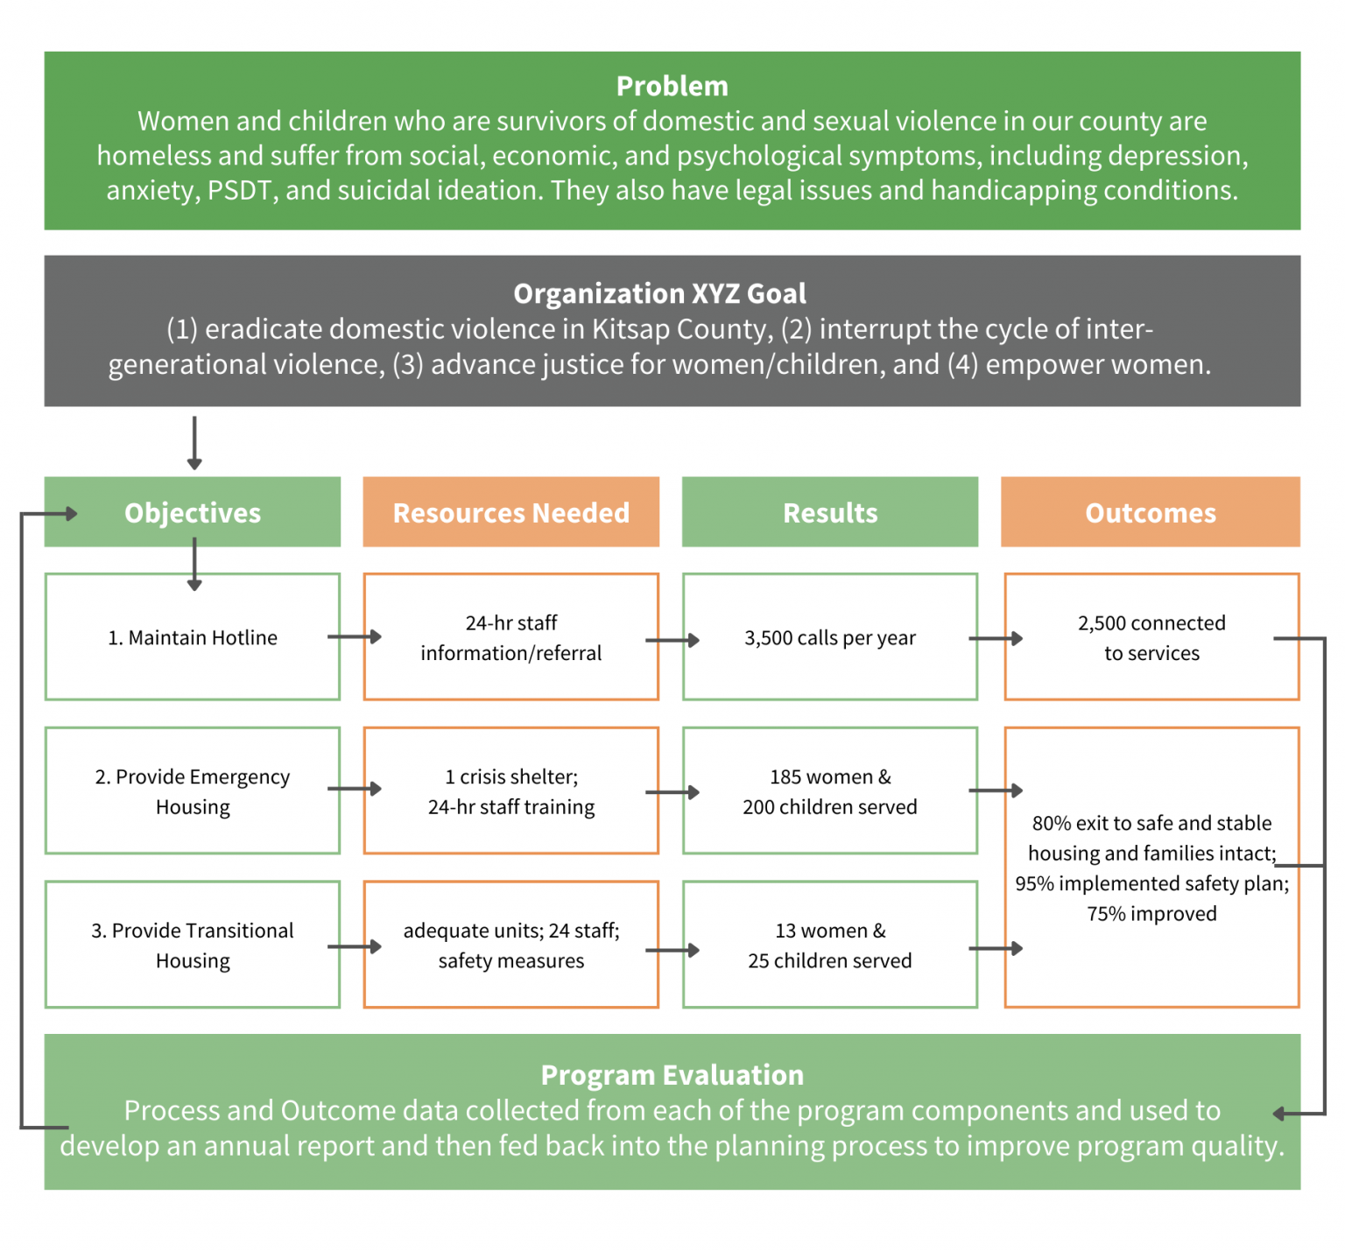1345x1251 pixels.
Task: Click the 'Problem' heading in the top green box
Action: [672, 86]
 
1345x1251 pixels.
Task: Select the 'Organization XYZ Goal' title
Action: [659, 293]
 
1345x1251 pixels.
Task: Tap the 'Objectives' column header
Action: [193, 513]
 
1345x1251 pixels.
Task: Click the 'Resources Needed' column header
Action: [511, 513]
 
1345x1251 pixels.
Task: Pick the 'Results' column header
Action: [829, 513]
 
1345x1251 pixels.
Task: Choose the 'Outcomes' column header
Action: [1150, 513]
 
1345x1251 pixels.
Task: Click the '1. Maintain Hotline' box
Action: [193, 637]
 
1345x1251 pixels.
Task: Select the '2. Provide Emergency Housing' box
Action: [193, 791]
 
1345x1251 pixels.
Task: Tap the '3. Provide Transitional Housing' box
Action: [193, 945]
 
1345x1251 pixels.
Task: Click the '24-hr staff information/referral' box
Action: [511, 637]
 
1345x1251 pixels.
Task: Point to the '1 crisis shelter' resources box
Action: [511, 791]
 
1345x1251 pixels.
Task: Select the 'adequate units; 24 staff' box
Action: [511, 945]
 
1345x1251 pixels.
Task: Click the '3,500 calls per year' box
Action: [829, 637]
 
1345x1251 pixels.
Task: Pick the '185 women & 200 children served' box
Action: [829, 791]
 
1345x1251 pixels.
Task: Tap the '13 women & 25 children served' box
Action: [829, 945]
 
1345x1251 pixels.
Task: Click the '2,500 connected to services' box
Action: [1151, 637]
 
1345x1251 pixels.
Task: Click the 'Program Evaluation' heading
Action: [672, 1075]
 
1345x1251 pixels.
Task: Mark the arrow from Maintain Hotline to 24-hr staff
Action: [355, 636]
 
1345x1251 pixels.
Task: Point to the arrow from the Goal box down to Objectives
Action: [194, 443]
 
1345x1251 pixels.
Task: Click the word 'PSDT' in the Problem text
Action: [239, 190]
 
